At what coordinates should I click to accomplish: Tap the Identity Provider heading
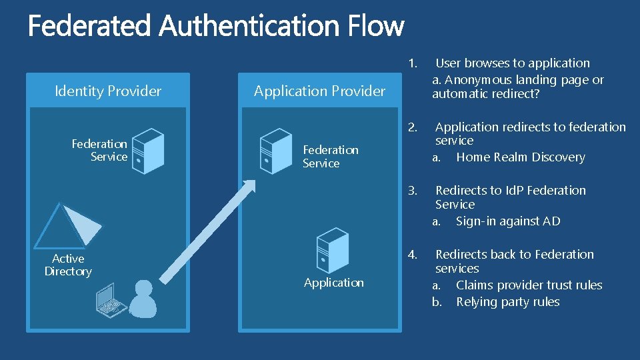(108, 91)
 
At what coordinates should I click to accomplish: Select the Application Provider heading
(319, 91)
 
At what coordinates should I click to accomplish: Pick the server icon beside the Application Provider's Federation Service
(275, 151)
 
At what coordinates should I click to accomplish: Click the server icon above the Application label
(332, 250)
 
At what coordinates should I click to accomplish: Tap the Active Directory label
(68, 265)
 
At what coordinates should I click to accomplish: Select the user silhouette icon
(143, 299)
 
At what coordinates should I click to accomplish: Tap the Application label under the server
(333, 283)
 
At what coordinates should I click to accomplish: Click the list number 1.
(413, 63)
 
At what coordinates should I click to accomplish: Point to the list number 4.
(413, 255)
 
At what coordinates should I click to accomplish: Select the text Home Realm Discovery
(520, 157)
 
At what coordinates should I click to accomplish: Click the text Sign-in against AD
(508, 221)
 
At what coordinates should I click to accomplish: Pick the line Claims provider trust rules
(529, 285)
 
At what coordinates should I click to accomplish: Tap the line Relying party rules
(507, 302)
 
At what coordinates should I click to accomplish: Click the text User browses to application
(512, 63)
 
